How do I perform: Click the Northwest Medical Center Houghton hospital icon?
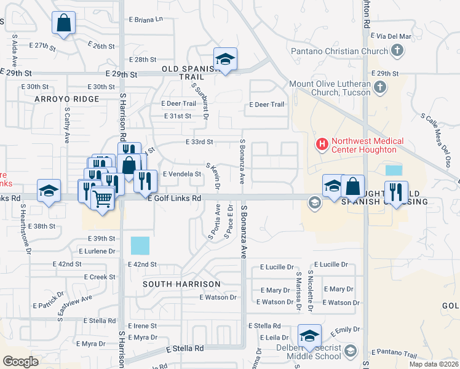[321, 145]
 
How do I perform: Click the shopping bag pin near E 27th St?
[63, 24]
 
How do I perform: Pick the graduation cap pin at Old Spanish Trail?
[226, 60]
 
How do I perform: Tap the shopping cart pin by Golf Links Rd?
[102, 198]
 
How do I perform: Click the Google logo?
[20, 362]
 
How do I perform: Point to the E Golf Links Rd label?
[175, 198]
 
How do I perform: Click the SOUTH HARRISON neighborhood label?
[181, 284]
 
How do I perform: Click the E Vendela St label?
[181, 174]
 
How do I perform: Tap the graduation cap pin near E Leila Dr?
[309, 336]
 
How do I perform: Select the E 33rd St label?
[199, 141]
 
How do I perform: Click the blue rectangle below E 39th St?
[140, 246]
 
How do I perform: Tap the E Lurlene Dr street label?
[97, 251]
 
